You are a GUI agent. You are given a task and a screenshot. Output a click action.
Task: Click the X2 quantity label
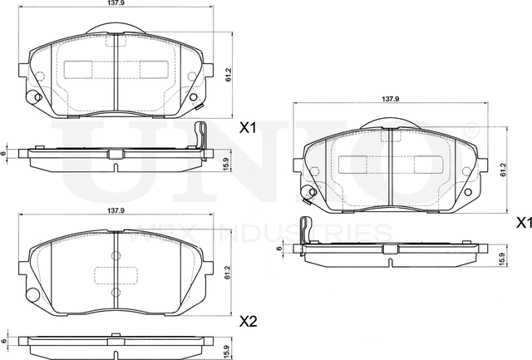pos(248,320)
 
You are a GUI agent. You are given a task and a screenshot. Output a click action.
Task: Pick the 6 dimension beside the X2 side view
pos(6,342)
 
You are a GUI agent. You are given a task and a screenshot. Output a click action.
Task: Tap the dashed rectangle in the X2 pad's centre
pos(116,274)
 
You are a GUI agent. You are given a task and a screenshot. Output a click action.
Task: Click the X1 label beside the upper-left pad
pos(248,129)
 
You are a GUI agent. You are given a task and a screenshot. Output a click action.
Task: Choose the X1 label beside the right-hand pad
pos(524,223)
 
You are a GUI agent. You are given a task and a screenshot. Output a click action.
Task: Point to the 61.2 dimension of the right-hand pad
pos(503,169)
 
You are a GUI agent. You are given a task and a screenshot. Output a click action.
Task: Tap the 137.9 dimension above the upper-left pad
pos(116,5)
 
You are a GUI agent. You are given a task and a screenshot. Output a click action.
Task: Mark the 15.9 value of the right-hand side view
pos(501,259)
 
